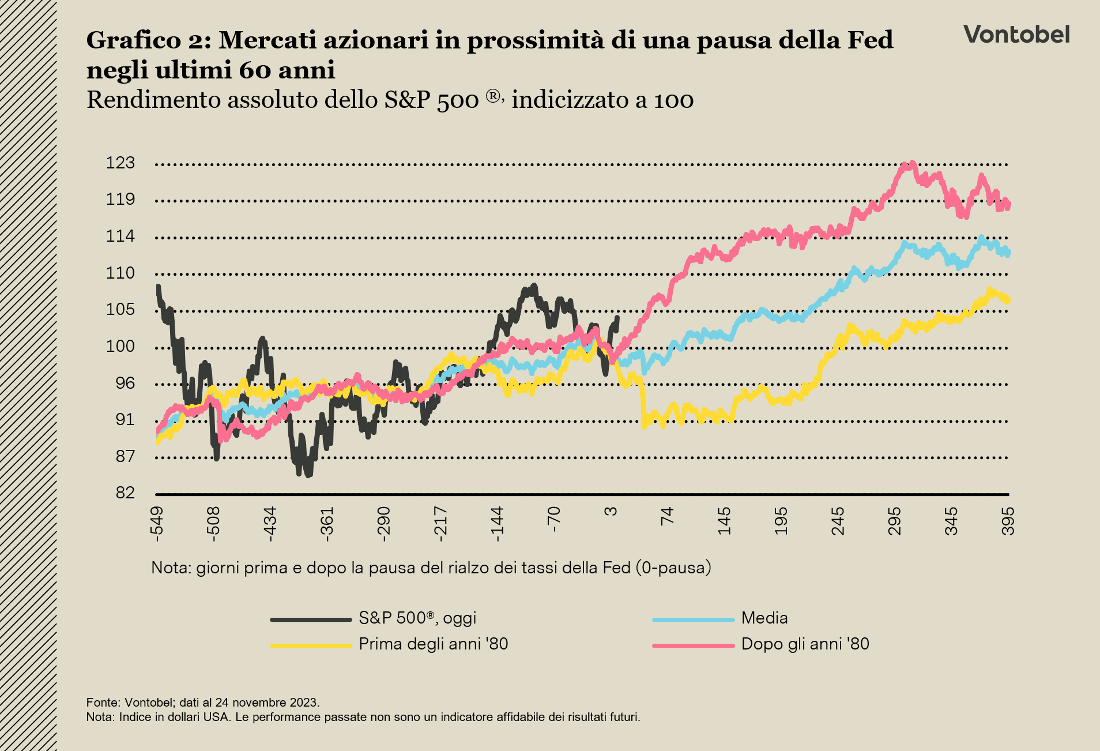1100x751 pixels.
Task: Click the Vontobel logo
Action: (1016, 35)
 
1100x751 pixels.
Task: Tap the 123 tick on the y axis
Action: (120, 163)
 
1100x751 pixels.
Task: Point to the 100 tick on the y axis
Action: (120, 347)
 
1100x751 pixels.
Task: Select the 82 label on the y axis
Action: (125, 493)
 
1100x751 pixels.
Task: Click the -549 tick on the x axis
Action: (157, 524)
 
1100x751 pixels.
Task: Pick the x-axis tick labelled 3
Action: (611, 511)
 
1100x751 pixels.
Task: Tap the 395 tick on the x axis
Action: (1008, 521)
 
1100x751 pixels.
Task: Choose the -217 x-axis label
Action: (440, 524)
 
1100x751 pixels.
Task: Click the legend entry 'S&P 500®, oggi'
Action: (417, 618)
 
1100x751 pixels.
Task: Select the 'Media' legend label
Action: (764, 618)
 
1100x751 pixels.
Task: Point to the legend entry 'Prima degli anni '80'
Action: (433, 644)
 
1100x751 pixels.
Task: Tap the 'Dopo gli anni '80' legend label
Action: (805, 644)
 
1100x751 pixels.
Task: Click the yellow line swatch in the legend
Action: (311, 645)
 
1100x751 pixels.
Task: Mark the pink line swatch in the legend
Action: (693, 645)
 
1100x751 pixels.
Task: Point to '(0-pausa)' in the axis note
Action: (673, 568)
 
